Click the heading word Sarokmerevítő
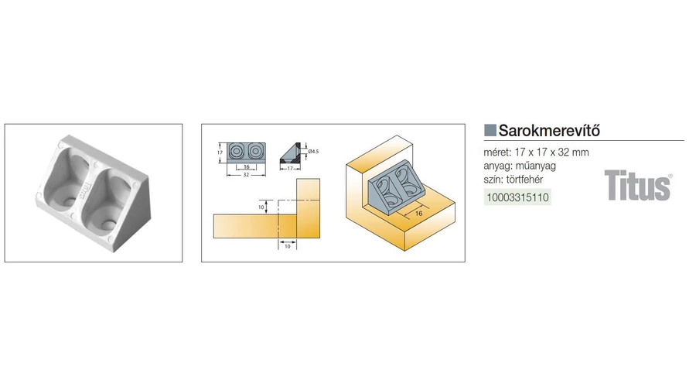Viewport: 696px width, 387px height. point(549,130)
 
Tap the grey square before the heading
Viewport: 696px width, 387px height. point(490,130)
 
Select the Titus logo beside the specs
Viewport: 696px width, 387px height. point(637,186)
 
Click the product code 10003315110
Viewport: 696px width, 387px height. point(517,197)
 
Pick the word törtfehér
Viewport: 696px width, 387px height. point(528,180)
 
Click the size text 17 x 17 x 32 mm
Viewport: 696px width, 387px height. point(551,152)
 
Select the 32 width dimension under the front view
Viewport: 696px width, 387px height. point(246,174)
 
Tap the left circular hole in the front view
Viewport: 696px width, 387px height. point(237,151)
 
